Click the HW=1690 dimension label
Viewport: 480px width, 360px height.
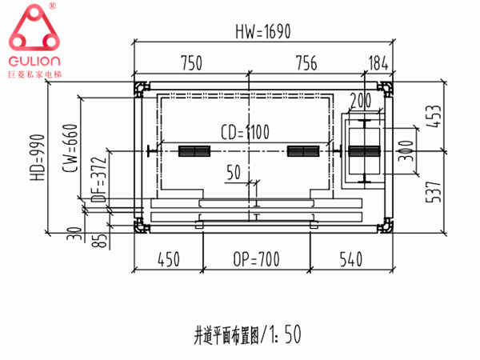click(262, 31)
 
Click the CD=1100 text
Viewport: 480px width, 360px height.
click(245, 131)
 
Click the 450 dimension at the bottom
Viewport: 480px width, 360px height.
click(167, 260)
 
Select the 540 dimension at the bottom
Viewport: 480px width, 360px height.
click(351, 260)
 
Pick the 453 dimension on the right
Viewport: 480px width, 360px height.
click(432, 116)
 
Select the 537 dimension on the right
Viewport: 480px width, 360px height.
click(432, 188)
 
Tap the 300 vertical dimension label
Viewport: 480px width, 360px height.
click(408, 150)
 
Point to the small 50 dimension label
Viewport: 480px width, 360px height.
click(234, 172)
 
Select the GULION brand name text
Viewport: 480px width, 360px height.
click(34, 62)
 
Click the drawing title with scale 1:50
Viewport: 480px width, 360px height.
click(247, 330)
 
